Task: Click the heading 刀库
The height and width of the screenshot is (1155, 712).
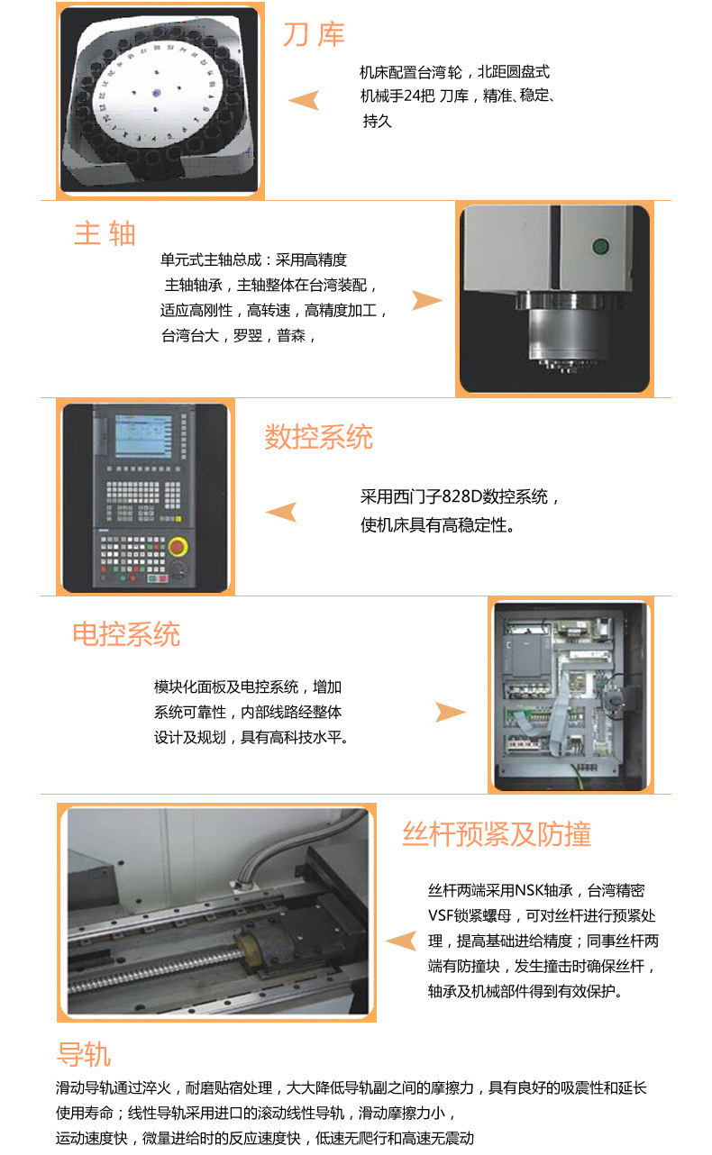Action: pyautogui.click(x=314, y=35)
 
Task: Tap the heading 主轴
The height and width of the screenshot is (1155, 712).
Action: pyautogui.click(x=105, y=233)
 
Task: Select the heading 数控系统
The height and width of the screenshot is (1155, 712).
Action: pyautogui.click(x=318, y=437)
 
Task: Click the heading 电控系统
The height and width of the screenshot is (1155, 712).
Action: pyautogui.click(x=126, y=633)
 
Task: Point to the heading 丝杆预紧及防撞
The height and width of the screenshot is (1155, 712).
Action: pyautogui.click(x=497, y=833)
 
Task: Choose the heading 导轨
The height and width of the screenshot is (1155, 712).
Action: pyautogui.click(x=84, y=1054)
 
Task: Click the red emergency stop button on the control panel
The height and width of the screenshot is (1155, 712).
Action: pyautogui.click(x=178, y=547)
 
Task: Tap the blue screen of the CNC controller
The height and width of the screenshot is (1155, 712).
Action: pyautogui.click(x=143, y=436)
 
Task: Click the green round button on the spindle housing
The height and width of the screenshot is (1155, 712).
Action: pyautogui.click(x=600, y=246)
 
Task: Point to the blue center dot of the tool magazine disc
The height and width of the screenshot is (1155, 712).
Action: pyautogui.click(x=156, y=94)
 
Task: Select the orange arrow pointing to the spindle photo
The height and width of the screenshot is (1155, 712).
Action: pyautogui.click(x=427, y=300)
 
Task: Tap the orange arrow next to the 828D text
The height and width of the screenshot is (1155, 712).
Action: pyautogui.click(x=281, y=512)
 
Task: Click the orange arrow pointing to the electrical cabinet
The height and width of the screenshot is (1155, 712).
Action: pyautogui.click(x=451, y=712)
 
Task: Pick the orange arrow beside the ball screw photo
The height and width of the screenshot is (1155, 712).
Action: pyautogui.click(x=401, y=941)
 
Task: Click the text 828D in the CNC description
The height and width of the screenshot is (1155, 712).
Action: pyautogui.click(x=461, y=496)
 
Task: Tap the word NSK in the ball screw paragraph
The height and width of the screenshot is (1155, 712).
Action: pyautogui.click(x=529, y=890)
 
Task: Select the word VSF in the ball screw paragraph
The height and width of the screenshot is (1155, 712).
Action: pyautogui.click(x=441, y=915)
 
